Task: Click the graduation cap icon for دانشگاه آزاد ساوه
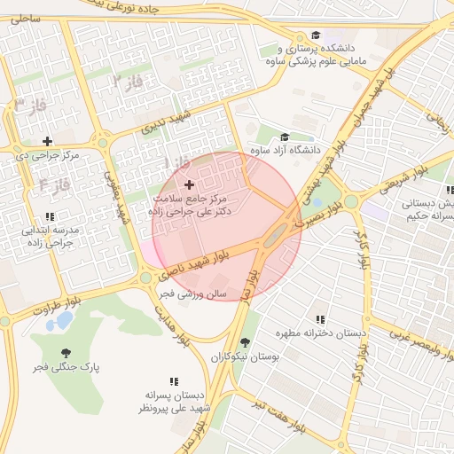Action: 285,137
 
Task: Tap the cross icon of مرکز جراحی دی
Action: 47,141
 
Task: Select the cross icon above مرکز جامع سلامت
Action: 189,184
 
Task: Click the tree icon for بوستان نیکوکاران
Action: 245,342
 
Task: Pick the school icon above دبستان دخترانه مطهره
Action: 320,319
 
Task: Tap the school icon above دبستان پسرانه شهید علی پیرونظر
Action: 174,381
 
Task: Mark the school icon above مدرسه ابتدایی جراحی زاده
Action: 51,216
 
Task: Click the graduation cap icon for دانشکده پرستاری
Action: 315,35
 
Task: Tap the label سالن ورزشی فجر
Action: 193,293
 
